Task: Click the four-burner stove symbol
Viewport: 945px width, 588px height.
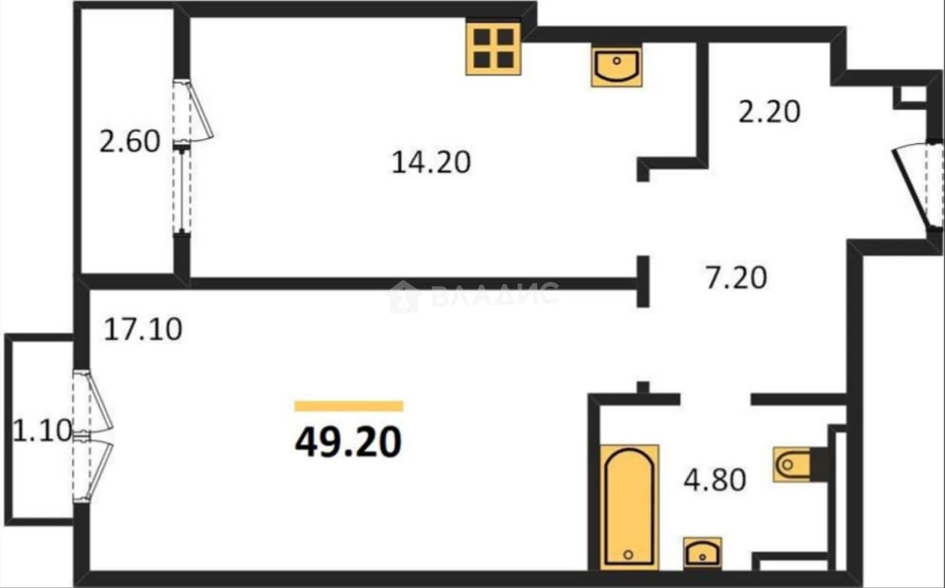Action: (x=493, y=48)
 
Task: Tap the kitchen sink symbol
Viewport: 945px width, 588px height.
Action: (x=616, y=67)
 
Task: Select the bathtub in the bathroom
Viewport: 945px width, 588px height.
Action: (x=629, y=507)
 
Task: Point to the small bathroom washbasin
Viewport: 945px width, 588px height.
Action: (x=702, y=553)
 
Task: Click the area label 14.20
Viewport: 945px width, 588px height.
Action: (x=431, y=163)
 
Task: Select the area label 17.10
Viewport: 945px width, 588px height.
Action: (x=143, y=329)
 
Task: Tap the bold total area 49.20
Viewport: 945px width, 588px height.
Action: (x=348, y=442)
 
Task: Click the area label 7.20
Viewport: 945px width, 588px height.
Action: (x=736, y=277)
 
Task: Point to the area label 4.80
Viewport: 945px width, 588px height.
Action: (x=714, y=480)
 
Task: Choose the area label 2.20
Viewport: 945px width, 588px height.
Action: (x=769, y=112)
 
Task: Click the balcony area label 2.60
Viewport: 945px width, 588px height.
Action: (x=130, y=141)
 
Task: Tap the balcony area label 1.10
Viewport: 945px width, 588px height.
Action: (x=42, y=430)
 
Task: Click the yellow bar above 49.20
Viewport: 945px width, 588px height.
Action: (x=349, y=406)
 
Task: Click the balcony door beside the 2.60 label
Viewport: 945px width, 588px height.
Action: (x=192, y=112)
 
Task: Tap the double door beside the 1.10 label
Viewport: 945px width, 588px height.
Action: (x=92, y=436)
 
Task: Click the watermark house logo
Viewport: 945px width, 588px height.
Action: (x=404, y=296)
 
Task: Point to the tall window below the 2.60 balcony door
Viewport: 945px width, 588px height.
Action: (x=182, y=190)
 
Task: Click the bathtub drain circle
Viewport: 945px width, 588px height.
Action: (x=628, y=555)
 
